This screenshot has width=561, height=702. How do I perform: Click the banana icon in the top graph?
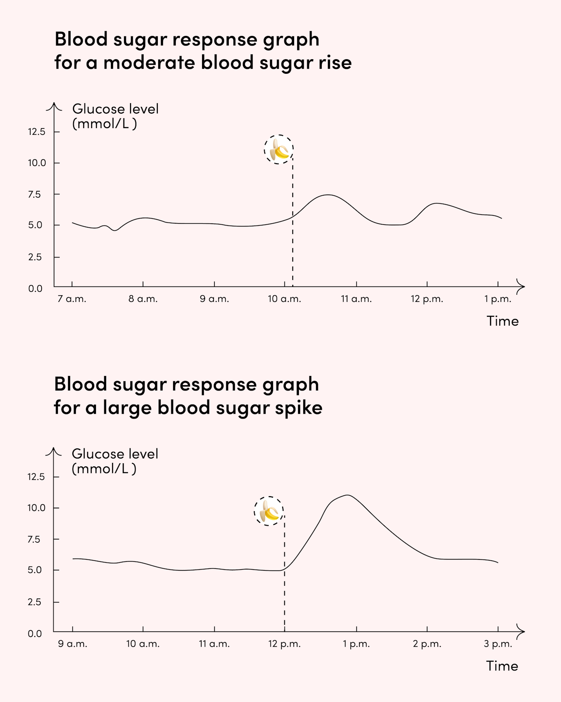tap(279, 150)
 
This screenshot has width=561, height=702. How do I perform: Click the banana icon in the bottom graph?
tap(269, 511)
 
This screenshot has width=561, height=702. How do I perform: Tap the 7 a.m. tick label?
tap(72, 299)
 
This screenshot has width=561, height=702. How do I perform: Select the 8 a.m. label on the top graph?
tap(143, 299)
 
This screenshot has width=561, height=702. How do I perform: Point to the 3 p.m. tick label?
tap(498, 644)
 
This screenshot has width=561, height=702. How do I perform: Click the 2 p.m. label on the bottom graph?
tap(427, 644)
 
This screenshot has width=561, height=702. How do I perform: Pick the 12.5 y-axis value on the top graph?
tap(36, 132)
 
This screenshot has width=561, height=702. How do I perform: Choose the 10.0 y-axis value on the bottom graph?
tap(36, 508)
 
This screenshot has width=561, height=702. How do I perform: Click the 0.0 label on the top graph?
tap(36, 289)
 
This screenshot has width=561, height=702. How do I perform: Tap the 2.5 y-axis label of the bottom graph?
tap(35, 602)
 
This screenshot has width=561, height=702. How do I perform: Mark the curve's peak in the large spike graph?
tap(348, 495)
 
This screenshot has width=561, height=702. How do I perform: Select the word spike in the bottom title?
tap(298, 408)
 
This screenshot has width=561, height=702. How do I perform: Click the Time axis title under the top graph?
tap(502, 321)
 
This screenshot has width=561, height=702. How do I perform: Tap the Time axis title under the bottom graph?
tap(502, 666)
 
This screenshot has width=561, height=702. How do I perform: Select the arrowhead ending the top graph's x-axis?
tap(521, 287)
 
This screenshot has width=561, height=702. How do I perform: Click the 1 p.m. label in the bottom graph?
tap(356, 644)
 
